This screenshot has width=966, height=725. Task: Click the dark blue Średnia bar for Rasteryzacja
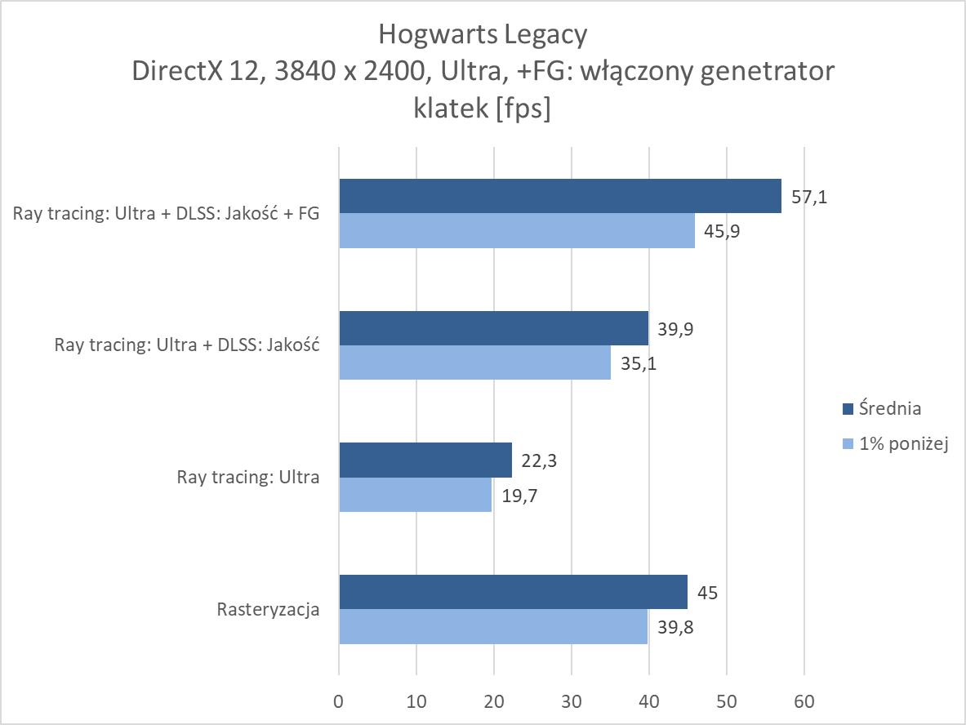coord(513,592)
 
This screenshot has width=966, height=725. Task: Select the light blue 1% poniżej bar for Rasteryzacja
coord(493,626)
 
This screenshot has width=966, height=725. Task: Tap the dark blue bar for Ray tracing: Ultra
coord(425,460)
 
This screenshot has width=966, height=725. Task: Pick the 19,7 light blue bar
coord(415,495)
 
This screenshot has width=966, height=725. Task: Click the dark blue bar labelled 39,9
coord(493,328)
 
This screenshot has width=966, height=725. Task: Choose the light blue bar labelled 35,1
coord(474,362)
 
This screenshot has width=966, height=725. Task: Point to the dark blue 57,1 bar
coord(560,196)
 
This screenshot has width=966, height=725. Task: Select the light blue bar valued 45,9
coord(517,230)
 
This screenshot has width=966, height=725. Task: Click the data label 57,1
coord(809,197)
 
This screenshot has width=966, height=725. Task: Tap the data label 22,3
coord(540,461)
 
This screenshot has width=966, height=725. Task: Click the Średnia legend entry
coord(881,408)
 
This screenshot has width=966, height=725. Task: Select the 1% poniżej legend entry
coord(894,445)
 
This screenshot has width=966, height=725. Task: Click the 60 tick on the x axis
coord(804,701)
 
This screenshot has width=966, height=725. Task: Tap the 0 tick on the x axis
coord(339,701)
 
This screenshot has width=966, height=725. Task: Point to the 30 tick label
coord(572,701)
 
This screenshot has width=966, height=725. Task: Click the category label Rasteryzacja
coord(268,609)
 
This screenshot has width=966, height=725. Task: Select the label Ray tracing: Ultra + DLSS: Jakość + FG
coord(166,214)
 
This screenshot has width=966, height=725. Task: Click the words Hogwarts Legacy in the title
coord(483,34)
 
